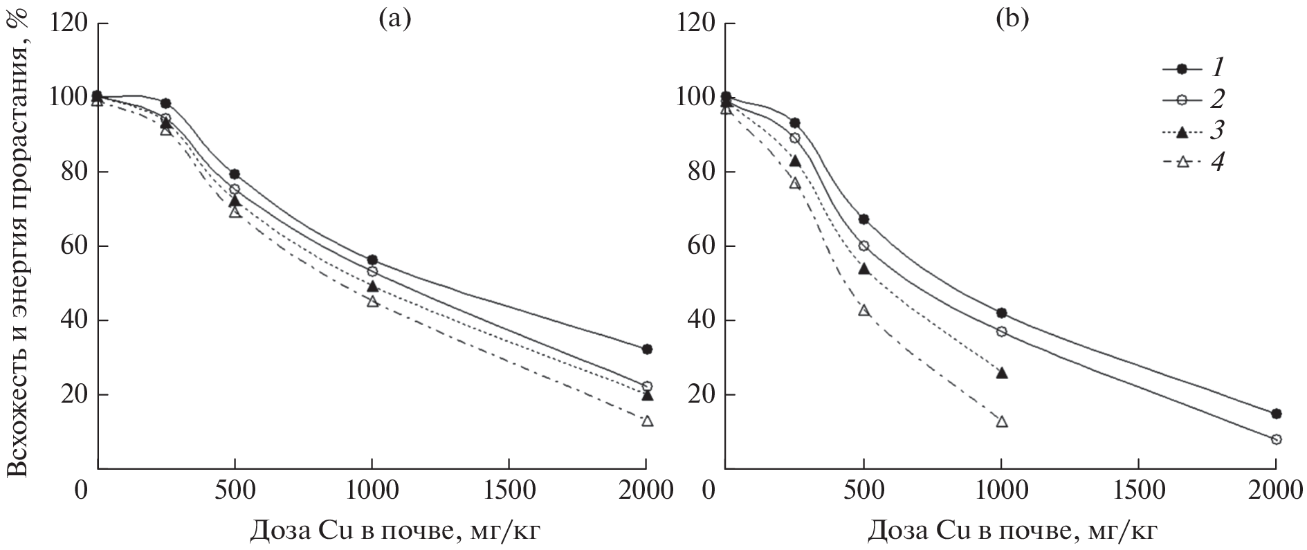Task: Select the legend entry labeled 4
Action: (x=1194, y=163)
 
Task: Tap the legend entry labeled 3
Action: (x=1194, y=131)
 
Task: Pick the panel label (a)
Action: (x=394, y=19)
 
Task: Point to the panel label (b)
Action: (x=1012, y=19)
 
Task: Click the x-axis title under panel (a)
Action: (x=395, y=531)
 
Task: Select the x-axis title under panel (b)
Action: (x=1012, y=531)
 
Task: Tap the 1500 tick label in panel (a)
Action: (x=509, y=492)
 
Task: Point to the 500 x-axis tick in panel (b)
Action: (x=863, y=492)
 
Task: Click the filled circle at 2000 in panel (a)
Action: (x=647, y=349)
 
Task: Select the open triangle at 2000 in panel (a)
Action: (x=647, y=421)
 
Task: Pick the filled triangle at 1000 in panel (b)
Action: (x=1001, y=373)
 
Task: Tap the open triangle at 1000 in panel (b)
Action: (x=1001, y=422)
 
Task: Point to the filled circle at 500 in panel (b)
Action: (x=863, y=219)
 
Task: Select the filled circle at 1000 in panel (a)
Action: (x=372, y=260)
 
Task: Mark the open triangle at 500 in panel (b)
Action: (x=863, y=311)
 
